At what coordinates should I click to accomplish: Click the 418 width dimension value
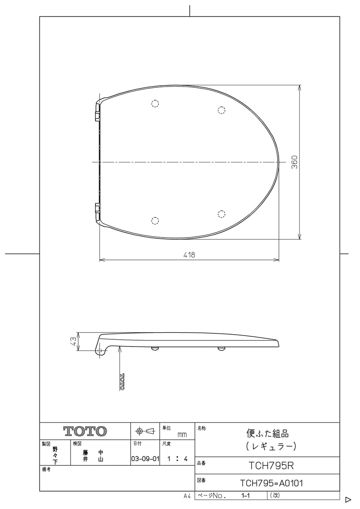tap(189, 255)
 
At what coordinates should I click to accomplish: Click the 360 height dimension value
tap(295, 162)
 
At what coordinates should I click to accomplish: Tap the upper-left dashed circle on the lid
tap(155, 103)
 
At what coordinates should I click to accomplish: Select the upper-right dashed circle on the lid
tap(221, 110)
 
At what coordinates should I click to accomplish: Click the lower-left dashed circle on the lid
tap(155, 220)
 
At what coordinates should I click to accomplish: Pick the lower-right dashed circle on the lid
tap(221, 213)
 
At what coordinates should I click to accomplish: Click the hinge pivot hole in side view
tap(99, 351)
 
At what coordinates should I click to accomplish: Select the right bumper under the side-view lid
tap(221, 349)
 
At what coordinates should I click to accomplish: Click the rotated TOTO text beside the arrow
tap(122, 381)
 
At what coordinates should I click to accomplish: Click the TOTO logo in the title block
tap(85, 431)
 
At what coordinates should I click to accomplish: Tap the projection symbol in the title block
tap(145, 431)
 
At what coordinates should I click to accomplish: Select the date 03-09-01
tap(145, 459)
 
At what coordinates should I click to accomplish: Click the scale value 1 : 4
tap(177, 459)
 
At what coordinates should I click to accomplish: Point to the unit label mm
tap(182, 435)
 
